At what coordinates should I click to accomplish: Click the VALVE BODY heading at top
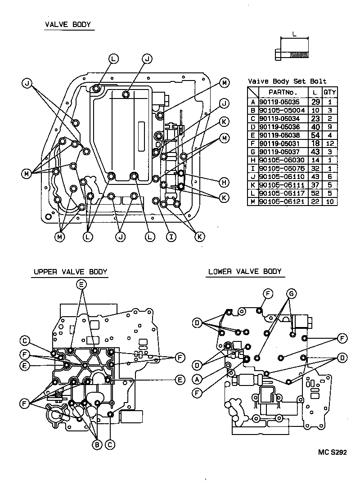coord(68,25)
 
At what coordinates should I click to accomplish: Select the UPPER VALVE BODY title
coord(70,272)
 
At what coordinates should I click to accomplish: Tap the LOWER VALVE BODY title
coord(244,271)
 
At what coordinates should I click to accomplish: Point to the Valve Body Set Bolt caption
coord(287,81)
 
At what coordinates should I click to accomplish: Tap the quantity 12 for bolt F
coord(330,143)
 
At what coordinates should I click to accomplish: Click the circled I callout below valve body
coord(171,236)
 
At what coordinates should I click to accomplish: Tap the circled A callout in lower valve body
coord(197,377)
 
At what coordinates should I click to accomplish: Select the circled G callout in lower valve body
coord(291,294)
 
